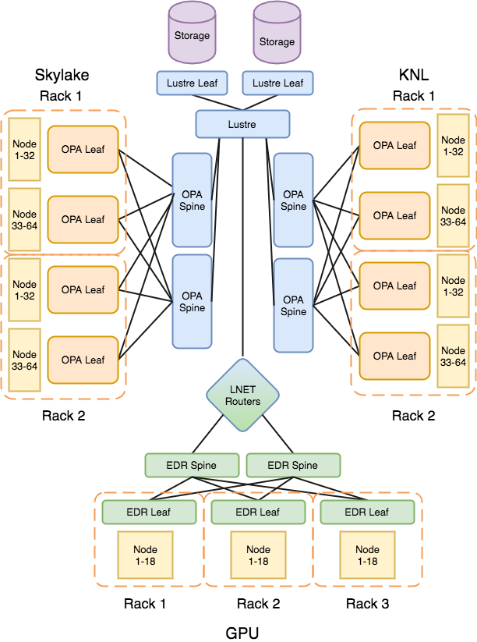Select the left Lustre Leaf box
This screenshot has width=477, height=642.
click(192, 83)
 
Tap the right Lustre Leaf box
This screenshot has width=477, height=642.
click(277, 83)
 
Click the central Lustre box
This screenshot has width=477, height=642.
click(242, 124)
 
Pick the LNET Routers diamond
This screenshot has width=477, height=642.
click(242, 395)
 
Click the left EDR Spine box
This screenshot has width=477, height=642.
click(192, 465)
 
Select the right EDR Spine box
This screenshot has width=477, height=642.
click(293, 465)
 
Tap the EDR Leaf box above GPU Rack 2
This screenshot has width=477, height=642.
click(258, 512)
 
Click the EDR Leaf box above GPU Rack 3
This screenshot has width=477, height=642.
click(366, 512)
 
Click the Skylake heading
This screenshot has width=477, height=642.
click(62, 75)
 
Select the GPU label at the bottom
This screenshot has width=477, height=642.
click(242, 633)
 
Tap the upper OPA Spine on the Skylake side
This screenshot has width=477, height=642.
click(192, 200)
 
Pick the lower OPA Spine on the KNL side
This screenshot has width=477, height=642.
click(293, 305)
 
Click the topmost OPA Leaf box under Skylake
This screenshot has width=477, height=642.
click(83, 149)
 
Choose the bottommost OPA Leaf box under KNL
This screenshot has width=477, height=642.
click(394, 356)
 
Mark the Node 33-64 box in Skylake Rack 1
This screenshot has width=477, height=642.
click(25, 219)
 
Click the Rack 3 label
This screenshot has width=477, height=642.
click(366, 604)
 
